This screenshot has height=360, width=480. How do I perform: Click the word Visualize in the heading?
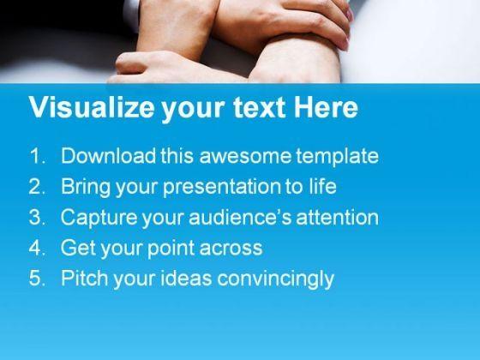point(92,107)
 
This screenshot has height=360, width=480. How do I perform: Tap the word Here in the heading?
point(326,107)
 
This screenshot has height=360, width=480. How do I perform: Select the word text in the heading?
point(260,108)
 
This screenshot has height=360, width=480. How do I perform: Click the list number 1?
point(38,155)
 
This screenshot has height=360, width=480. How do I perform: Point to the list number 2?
point(38,186)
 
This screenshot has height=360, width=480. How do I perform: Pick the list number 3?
point(38,217)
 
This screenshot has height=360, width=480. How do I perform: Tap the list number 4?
point(38,248)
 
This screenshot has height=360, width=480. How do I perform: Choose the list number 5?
point(38,278)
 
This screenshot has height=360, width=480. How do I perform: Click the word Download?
point(109,155)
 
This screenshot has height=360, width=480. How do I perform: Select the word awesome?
point(245,157)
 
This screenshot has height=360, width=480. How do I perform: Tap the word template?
point(338,157)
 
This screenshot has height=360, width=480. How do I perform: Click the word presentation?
point(222,188)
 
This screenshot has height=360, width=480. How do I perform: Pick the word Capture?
point(99,218)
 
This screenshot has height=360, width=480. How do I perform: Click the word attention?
point(338,218)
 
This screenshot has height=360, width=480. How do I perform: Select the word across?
point(231,249)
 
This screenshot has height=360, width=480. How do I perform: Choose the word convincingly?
point(275,279)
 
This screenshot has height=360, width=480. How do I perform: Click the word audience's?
point(240,218)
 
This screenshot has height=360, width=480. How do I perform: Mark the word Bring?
point(86,188)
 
